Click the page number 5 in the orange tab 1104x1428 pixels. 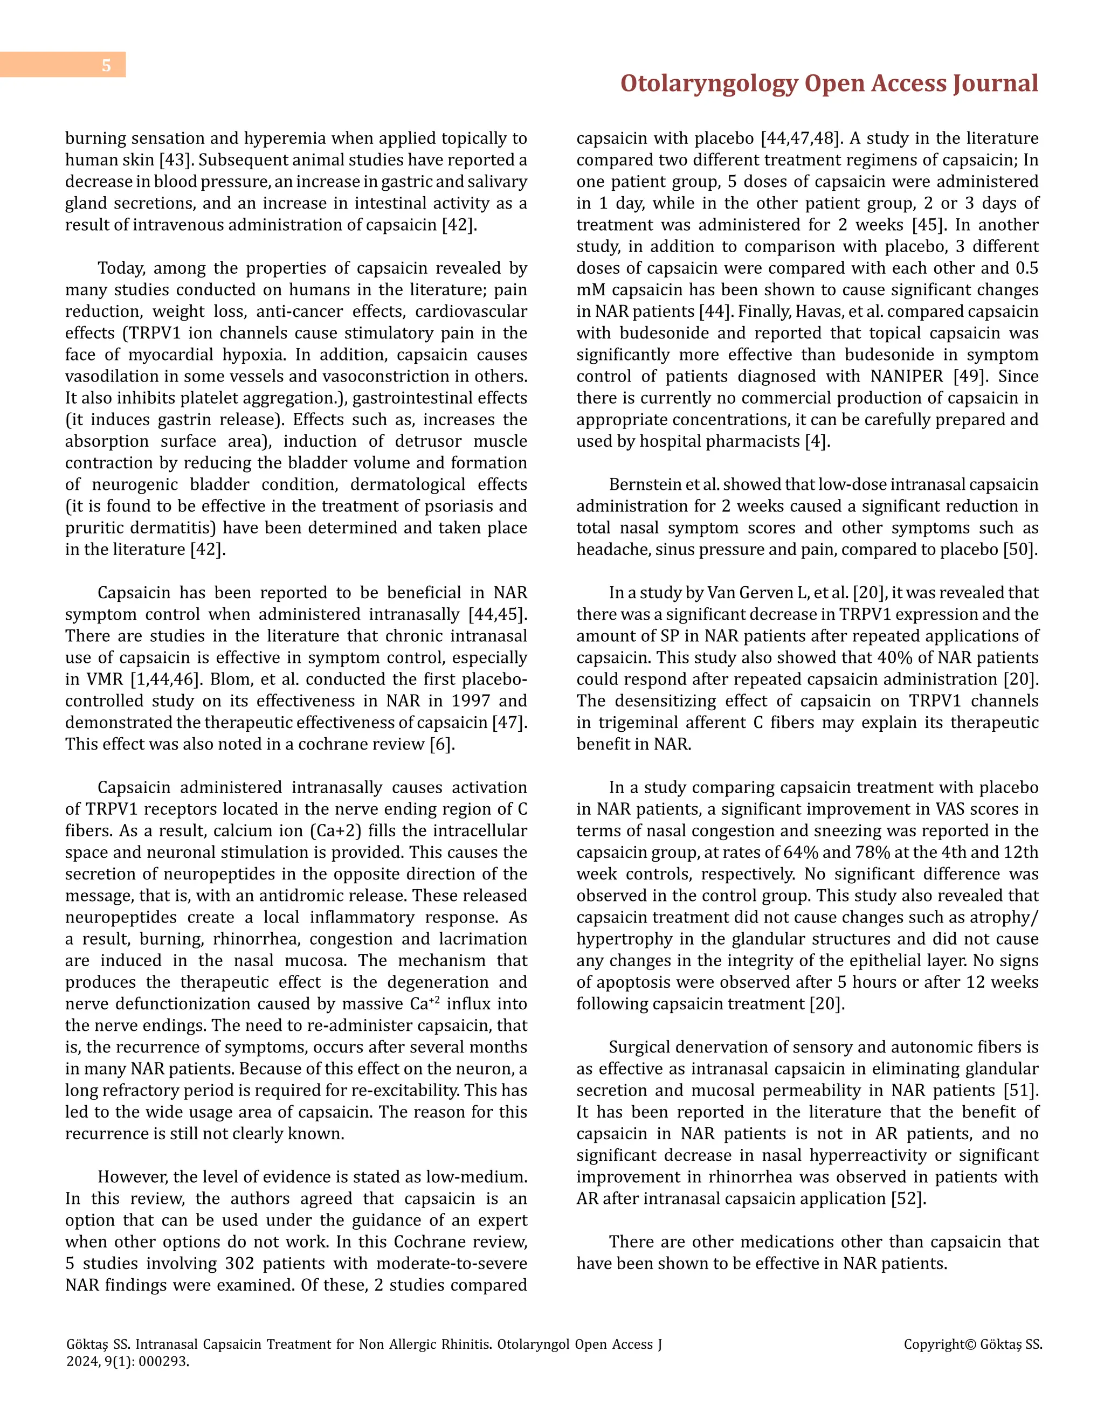tap(106, 65)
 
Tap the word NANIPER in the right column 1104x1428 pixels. tap(907, 377)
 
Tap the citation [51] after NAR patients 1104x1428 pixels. tap(1020, 1091)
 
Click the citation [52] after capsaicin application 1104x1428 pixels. tap(908, 1198)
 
